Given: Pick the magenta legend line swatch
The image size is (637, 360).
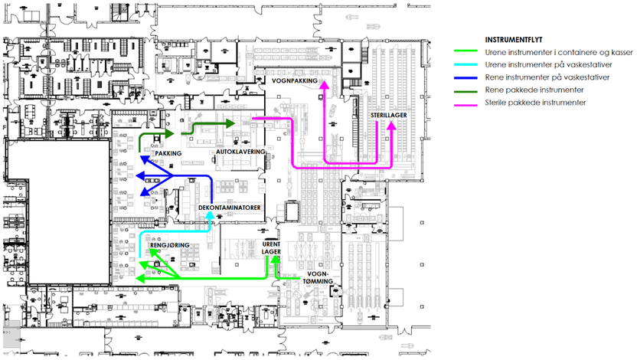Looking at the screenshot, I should click(x=467, y=103).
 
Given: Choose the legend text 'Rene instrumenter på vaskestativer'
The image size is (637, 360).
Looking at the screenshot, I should click(x=544, y=77).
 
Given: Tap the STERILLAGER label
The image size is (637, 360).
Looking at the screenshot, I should click(x=389, y=115).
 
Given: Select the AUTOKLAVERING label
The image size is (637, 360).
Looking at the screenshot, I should click(x=241, y=152).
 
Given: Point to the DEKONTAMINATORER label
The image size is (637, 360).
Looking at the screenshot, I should click(x=230, y=208).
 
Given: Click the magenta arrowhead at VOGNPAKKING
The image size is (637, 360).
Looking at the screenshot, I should click(x=323, y=83).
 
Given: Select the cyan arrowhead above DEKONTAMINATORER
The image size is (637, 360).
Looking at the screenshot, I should click(x=210, y=216).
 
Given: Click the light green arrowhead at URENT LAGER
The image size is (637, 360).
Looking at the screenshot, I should click(x=273, y=260).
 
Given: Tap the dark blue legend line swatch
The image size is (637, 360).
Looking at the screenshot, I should click(x=467, y=77).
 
